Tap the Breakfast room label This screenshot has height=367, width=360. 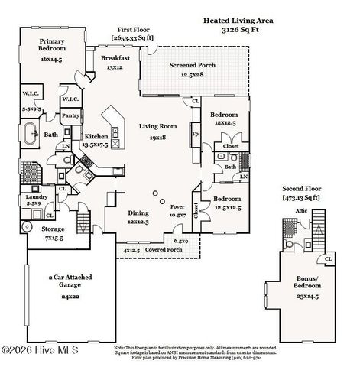(114, 57)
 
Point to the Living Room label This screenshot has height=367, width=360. (158, 126)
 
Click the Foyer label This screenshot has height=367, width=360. (178, 206)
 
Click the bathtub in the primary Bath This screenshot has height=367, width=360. (30, 135)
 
